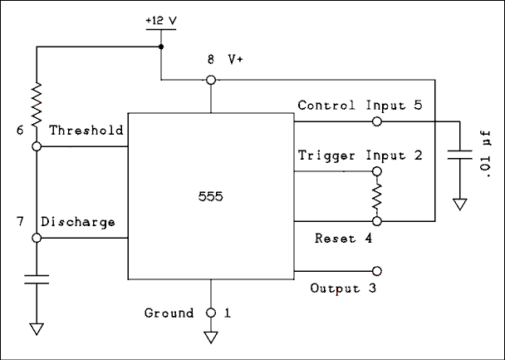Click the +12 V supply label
pyautogui.click(x=161, y=20)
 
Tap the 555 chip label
pyautogui.click(x=210, y=198)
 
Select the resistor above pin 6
pyautogui.click(x=36, y=104)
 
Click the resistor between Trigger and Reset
pyautogui.click(x=376, y=197)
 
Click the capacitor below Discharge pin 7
pyautogui.click(x=36, y=279)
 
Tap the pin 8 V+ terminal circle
pyautogui.click(x=211, y=80)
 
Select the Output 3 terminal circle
pyautogui.click(x=377, y=271)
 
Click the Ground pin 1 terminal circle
pyautogui.click(x=211, y=313)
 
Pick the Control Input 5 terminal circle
pyautogui.click(x=377, y=121)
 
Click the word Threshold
pyautogui.click(x=86, y=131)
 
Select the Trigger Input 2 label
pyautogui.click(x=360, y=155)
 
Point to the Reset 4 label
pyautogui.click(x=343, y=239)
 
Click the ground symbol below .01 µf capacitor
pyautogui.click(x=458, y=204)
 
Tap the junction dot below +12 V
pyautogui.click(x=161, y=47)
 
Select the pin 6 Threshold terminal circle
pyautogui.click(x=36, y=146)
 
